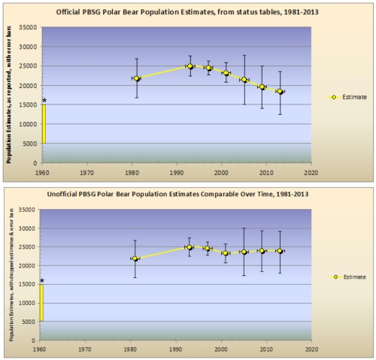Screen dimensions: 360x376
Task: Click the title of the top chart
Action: click(187, 11)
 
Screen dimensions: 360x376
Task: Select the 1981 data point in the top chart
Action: click(136, 78)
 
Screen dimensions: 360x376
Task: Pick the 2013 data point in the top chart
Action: click(280, 91)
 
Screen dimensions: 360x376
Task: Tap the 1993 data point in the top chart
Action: click(190, 66)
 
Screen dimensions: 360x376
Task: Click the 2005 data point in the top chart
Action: click(244, 80)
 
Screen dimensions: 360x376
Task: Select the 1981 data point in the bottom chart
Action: click(136, 259)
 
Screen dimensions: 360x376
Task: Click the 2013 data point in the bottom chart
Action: click(280, 251)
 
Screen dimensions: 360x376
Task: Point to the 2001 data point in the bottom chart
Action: click(226, 253)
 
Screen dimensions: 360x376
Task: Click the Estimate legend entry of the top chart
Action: click(348, 97)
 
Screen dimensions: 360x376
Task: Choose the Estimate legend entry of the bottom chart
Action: click(348, 277)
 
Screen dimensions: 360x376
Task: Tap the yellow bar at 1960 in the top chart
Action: click(44, 124)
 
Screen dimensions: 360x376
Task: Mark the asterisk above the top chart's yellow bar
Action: click(44, 101)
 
